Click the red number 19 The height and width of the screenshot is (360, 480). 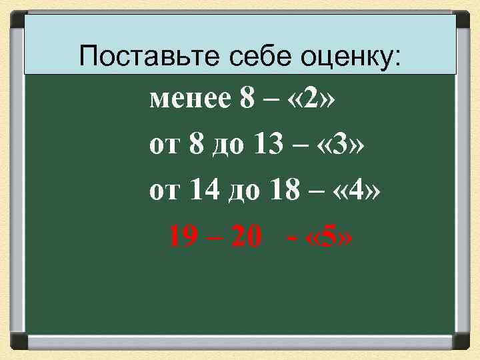(x=185, y=235)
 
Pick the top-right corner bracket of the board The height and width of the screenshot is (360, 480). (x=462, y=18)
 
